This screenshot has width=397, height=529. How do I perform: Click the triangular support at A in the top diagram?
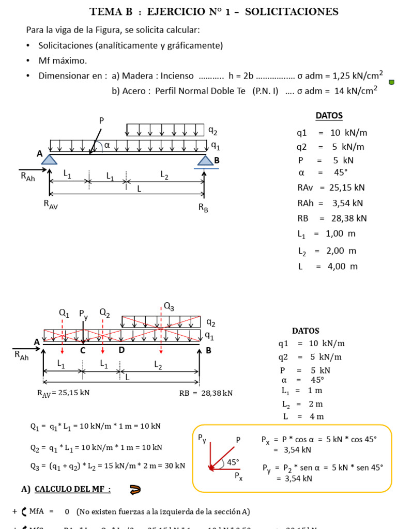(49, 160)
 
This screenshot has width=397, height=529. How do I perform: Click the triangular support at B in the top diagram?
(205, 161)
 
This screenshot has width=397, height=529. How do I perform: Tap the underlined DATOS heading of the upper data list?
(329, 116)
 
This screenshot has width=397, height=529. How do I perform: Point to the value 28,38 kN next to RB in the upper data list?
(347, 218)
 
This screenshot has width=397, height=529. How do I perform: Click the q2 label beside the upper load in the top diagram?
(212, 131)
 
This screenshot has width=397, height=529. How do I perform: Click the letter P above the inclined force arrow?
(101, 120)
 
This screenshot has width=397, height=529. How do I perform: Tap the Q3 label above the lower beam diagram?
(169, 307)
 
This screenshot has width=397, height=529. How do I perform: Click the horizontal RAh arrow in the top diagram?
(32, 168)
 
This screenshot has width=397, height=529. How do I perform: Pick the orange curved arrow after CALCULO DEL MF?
(135, 489)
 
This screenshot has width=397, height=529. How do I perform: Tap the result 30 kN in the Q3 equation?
(173, 465)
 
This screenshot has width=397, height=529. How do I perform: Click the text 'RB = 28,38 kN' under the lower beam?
(206, 393)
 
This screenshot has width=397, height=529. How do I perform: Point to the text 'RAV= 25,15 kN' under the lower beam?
(64, 393)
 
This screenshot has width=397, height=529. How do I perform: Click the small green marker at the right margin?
(391, 82)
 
